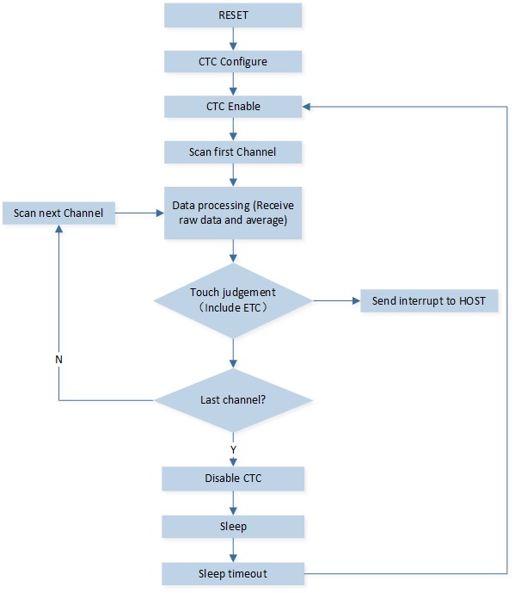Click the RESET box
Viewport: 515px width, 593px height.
click(233, 15)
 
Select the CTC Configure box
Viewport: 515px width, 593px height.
click(233, 61)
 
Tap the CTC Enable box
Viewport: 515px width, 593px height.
click(233, 106)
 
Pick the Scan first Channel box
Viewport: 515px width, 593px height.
click(233, 152)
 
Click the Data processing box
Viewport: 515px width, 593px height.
click(233, 213)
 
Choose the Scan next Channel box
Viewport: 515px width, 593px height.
click(58, 213)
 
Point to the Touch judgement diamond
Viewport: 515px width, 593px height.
click(233, 300)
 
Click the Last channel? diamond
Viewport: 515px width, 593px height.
click(233, 400)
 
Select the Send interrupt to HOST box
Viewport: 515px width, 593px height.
click(429, 300)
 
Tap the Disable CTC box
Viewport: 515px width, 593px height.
click(233, 479)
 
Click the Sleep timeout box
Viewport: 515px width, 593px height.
click(233, 574)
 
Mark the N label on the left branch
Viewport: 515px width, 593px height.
click(58, 359)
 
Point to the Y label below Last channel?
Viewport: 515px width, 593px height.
click(233, 449)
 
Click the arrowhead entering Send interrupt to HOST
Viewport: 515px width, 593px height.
click(356, 300)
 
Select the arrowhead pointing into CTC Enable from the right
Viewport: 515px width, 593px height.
click(306, 107)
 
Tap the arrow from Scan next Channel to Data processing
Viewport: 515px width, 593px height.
click(139, 213)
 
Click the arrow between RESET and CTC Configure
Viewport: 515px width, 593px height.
click(233, 39)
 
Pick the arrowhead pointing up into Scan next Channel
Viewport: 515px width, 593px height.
click(58, 229)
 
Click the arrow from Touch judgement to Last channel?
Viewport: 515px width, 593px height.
click(233, 353)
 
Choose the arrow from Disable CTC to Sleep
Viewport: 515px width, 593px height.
click(233, 503)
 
